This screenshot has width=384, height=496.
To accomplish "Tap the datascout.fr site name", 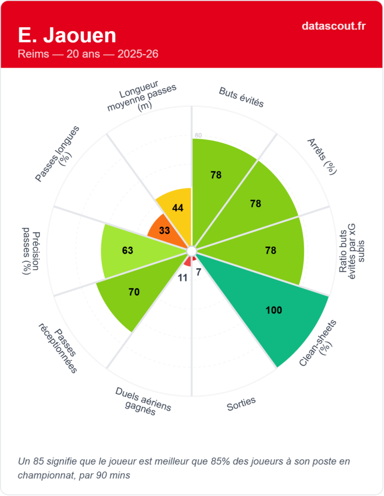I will point(333,26).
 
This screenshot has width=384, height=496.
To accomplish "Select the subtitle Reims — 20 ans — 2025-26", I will point(88,54).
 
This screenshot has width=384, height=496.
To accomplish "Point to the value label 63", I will point(127,250).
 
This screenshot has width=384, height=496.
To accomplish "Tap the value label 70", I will point(134,292).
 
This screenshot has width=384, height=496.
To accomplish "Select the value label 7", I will point(198,272).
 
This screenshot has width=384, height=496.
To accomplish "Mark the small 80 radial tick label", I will point(198,135).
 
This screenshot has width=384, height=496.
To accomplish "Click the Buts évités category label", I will point(241,97).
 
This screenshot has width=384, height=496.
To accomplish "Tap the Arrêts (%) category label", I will point(322,156).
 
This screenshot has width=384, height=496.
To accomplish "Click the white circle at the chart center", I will point(191,250).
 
